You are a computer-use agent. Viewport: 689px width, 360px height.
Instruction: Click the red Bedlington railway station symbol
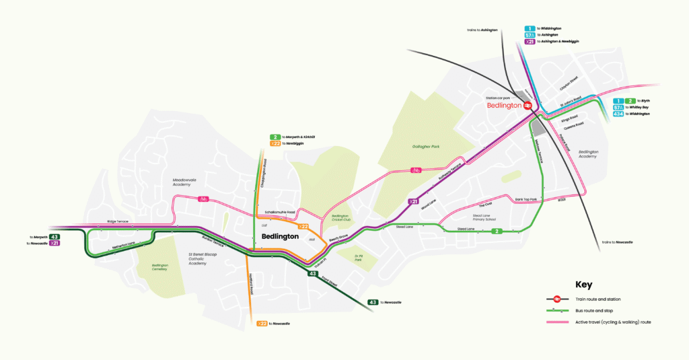(x=529, y=105)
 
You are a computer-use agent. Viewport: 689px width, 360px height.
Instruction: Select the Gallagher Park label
(x=425, y=145)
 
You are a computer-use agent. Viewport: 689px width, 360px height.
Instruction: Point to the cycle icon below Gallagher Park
(x=416, y=170)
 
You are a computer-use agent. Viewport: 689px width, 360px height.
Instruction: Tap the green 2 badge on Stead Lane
(x=497, y=231)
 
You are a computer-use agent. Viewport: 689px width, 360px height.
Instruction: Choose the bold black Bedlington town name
(x=279, y=236)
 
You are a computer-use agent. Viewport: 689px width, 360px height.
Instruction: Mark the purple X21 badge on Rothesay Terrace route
(x=412, y=201)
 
